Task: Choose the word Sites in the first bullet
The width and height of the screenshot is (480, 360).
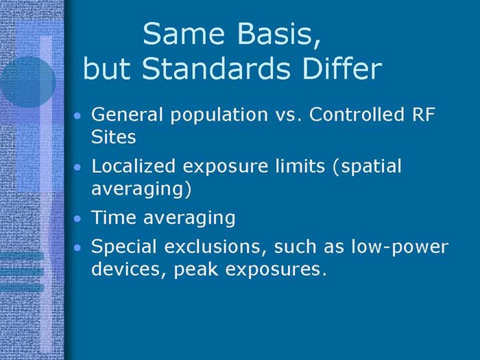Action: [x=113, y=136]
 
